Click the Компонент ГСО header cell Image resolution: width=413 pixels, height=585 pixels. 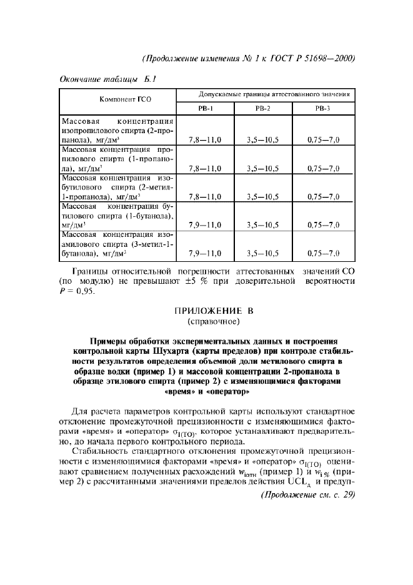117,100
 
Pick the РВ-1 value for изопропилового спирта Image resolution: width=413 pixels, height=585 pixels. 206,140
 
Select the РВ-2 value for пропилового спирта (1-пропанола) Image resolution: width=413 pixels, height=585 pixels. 262,168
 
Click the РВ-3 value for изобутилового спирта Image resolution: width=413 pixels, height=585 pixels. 323,196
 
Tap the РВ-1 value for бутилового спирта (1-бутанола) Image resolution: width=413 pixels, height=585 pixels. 206,224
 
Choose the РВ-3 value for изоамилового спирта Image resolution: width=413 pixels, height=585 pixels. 323,253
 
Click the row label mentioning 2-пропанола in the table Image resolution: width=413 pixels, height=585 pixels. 117,131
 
